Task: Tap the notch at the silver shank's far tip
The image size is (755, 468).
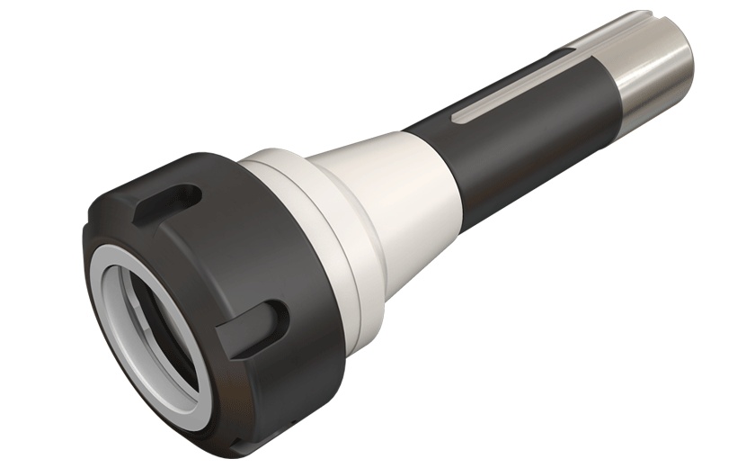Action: point(641,15)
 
